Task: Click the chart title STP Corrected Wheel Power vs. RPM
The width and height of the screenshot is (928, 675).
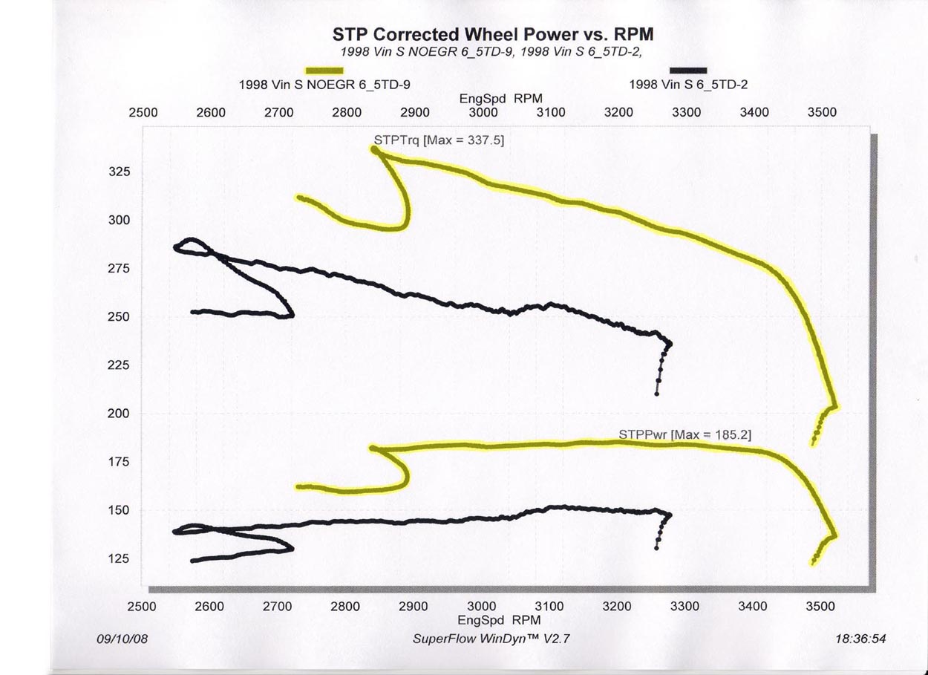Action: coord(493,35)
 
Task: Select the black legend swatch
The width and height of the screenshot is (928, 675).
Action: coord(687,70)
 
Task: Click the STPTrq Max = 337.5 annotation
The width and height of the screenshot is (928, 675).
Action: coord(439,140)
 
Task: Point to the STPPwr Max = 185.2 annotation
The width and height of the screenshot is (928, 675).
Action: coord(684,434)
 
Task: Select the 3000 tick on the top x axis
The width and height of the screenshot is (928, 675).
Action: coord(483,113)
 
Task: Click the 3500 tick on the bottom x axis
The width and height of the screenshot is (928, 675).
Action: coord(820,606)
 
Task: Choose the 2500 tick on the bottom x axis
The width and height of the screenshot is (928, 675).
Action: coord(143,606)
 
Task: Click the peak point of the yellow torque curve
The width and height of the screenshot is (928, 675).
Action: coord(373,149)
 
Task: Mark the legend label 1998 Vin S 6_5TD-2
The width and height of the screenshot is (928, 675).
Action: coord(687,85)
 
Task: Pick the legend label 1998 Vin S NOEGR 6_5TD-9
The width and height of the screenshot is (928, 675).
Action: coord(324,85)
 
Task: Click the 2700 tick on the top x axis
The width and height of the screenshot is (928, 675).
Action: coord(279,113)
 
